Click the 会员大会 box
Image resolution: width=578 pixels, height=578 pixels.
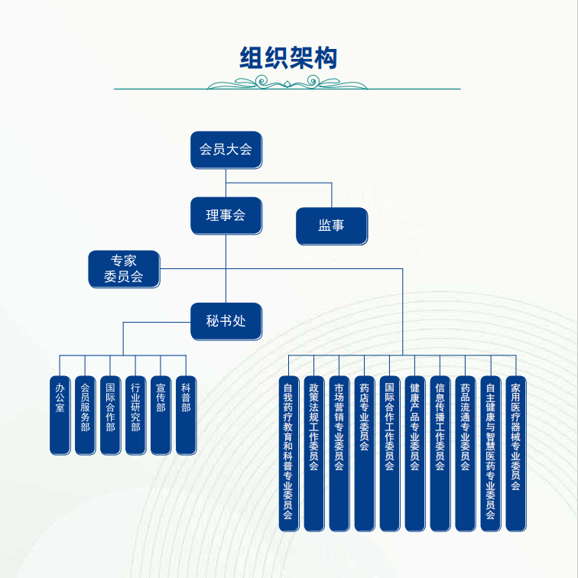point(226,150)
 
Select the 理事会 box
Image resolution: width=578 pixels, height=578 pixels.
point(226,216)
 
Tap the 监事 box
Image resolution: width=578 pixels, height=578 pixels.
point(332,226)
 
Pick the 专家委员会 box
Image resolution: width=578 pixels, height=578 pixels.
point(124,269)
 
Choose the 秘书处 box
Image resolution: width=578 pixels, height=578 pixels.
point(226,321)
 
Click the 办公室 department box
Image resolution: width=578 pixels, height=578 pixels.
point(60,415)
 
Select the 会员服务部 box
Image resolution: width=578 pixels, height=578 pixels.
point(85,415)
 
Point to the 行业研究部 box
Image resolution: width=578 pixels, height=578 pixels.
point(135,415)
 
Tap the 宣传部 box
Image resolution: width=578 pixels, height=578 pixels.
point(161,415)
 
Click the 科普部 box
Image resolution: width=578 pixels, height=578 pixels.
point(186,415)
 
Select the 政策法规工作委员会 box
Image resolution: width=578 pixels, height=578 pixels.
point(314,454)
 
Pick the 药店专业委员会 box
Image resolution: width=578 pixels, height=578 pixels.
point(365,454)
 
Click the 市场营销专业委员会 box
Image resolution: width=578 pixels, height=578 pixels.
point(339,454)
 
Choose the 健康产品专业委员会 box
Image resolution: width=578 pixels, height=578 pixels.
point(415,454)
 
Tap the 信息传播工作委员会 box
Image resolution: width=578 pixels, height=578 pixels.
point(440,454)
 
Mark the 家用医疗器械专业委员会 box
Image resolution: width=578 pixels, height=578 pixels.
point(516,454)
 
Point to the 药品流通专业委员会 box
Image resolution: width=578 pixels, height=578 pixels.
point(466,454)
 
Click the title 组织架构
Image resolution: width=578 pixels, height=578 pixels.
point(288,58)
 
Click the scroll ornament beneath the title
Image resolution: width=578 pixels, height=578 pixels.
point(287,83)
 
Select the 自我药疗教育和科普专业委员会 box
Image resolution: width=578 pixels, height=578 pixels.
point(289,454)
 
